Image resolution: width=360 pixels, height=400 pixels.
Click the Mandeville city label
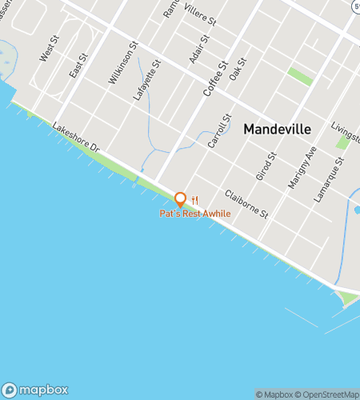point(277,128)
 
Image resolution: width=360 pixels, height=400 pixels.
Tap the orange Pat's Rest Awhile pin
point(180,199)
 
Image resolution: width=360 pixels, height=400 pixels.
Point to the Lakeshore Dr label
point(75,138)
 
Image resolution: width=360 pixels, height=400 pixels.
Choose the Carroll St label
point(218,130)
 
